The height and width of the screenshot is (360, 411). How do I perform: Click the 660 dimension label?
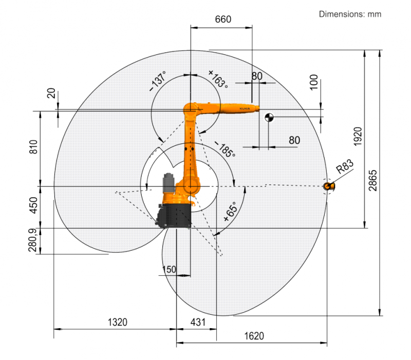point(223,20)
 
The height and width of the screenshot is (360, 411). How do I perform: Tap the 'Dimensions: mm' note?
point(350,14)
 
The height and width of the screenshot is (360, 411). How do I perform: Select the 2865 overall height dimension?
point(372,181)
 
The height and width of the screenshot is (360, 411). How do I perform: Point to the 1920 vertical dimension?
point(358,137)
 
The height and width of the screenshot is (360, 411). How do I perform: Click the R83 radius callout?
point(345,166)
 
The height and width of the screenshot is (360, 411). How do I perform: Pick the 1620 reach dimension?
point(254,336)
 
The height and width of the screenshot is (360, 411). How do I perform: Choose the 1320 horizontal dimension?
point(118,323)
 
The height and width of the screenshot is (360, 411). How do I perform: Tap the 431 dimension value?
point(198,323)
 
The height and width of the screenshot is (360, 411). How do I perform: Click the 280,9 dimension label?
point(32,240)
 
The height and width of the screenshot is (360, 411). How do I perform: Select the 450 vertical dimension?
point(33,205)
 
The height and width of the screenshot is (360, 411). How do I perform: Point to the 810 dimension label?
point(33,147)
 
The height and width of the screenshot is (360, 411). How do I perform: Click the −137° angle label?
point(158,81)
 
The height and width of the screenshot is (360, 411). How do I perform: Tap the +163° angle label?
point(218,79)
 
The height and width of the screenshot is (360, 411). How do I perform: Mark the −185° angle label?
point(225,149)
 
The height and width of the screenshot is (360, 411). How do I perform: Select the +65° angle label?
point(230,212)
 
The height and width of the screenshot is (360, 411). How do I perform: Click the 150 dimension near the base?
point(169,269)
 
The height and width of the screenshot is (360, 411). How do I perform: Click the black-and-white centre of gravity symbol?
point(269,118)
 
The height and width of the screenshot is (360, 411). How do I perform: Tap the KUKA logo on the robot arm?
point(245,108)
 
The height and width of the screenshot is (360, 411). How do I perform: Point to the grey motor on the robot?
point(169,183)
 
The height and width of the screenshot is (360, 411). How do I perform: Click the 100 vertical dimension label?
point(314,82)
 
